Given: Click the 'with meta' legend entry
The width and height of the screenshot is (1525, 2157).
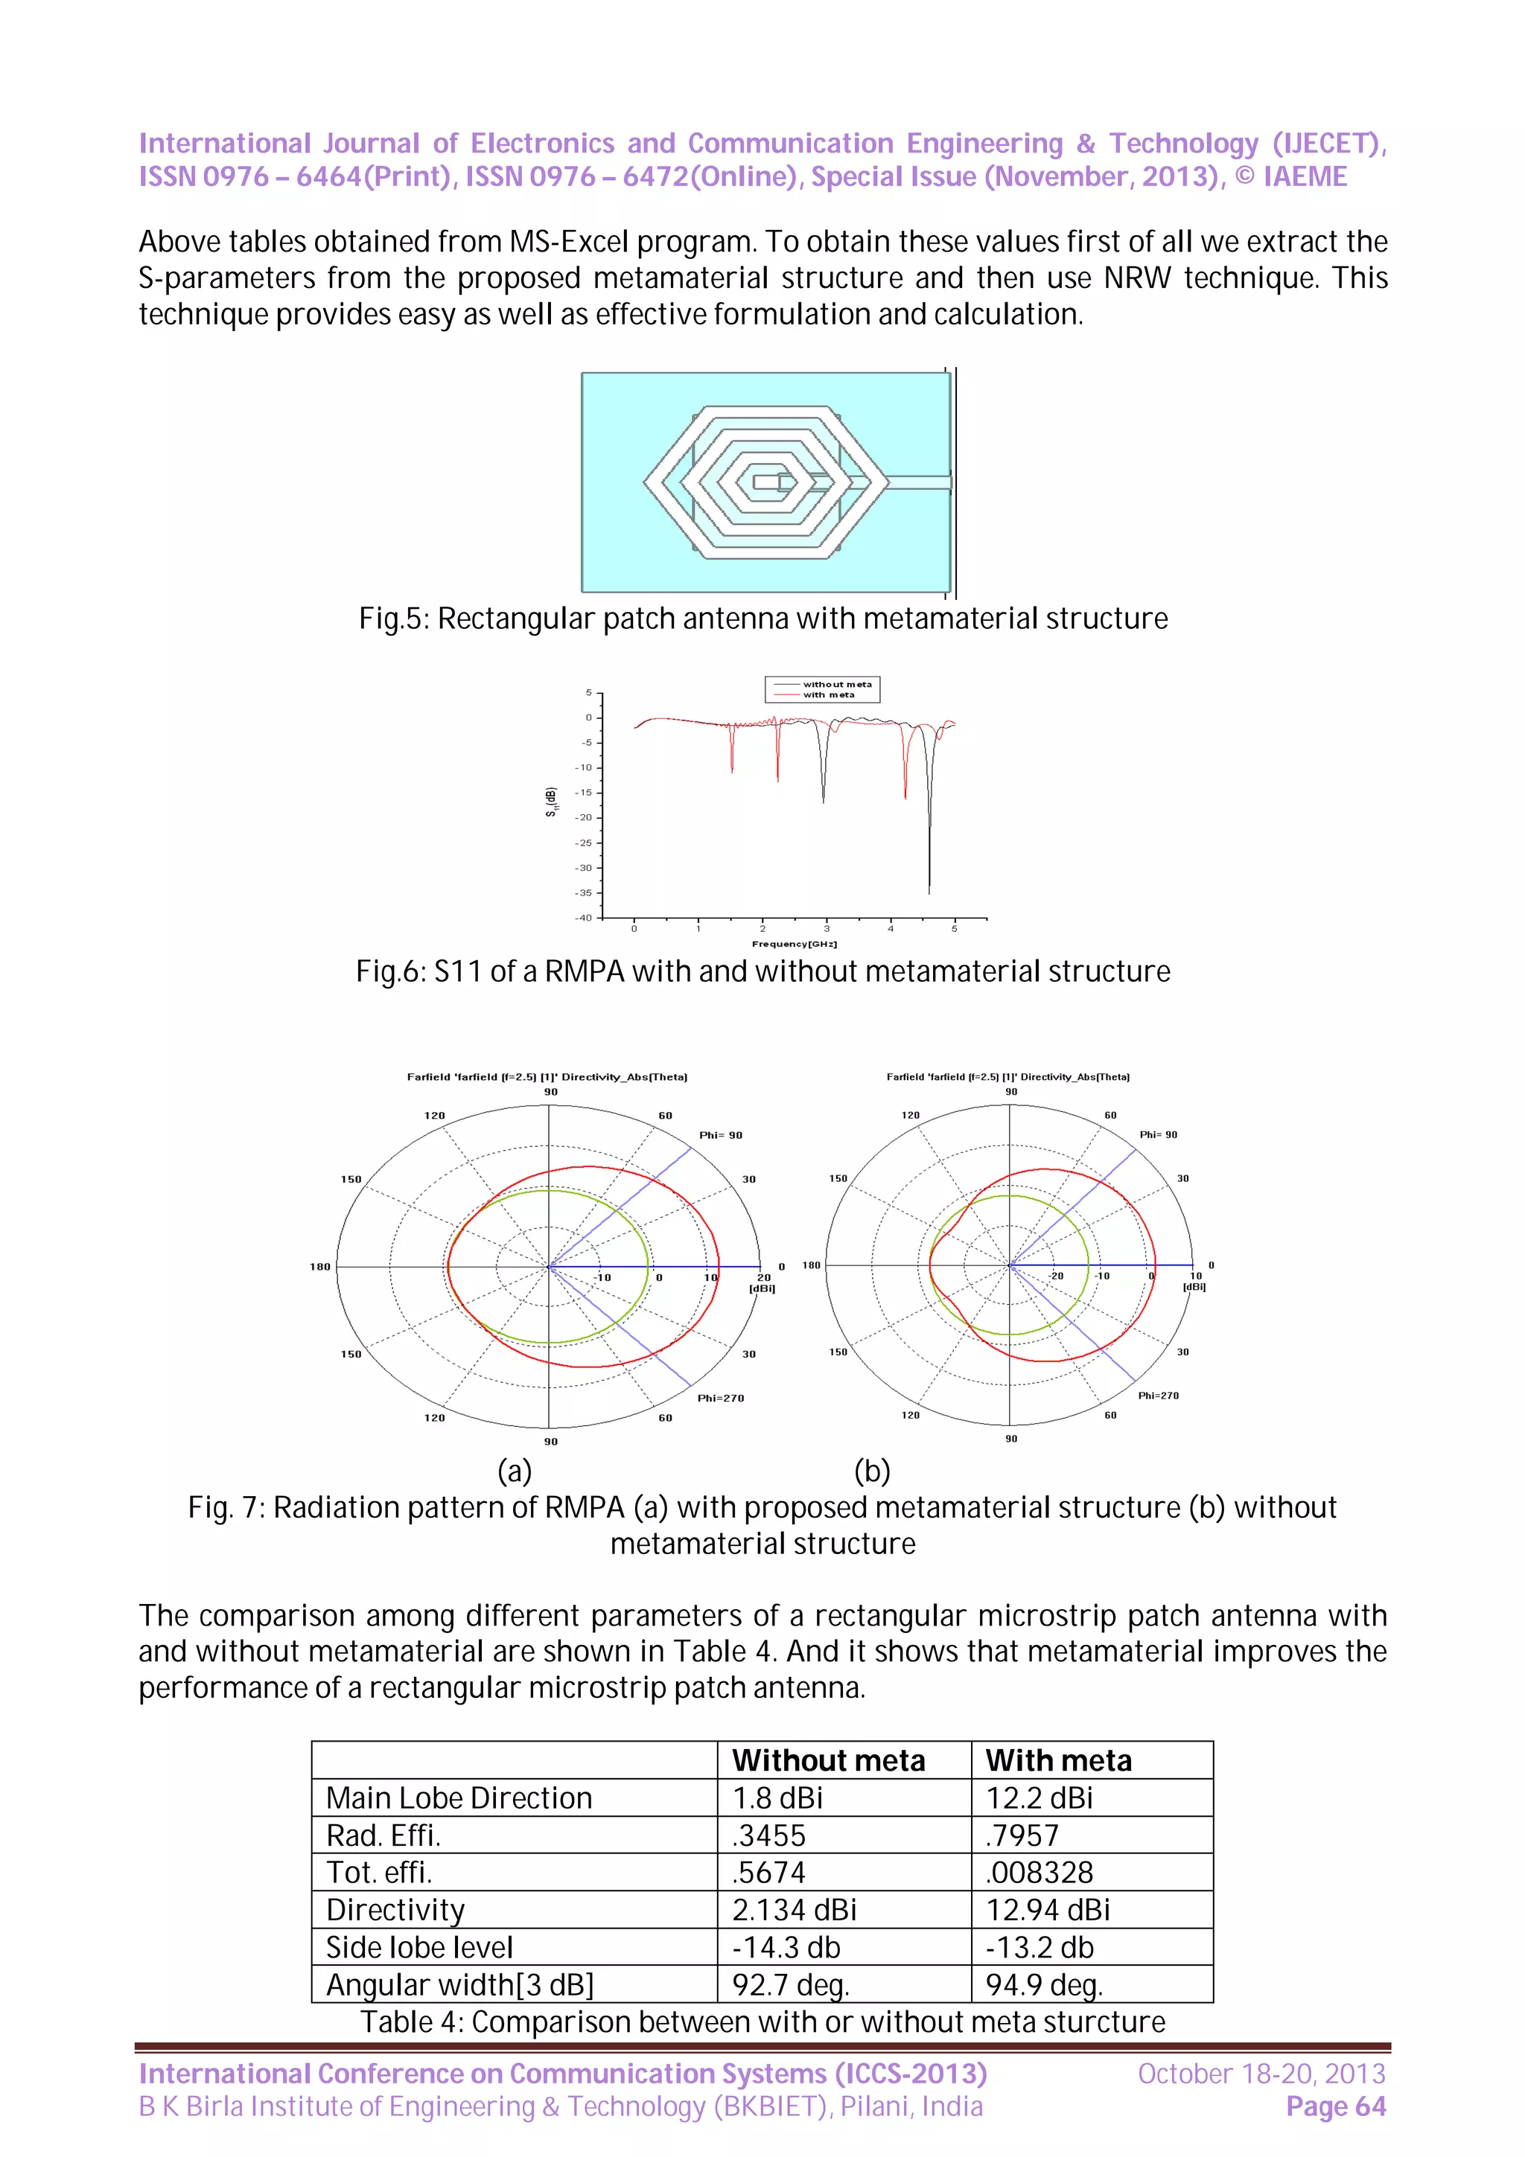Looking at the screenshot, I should click(828, 695).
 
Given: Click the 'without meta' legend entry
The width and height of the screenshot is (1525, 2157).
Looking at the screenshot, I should click(836, 684).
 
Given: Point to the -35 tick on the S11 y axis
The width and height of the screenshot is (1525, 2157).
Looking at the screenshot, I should click(585, 892).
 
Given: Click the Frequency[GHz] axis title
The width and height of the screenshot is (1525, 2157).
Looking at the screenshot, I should click(794, 943).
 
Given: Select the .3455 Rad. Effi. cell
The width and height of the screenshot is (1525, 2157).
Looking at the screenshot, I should click(768, 1835).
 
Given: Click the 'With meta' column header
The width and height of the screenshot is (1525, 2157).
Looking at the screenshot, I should click(1058, 1760).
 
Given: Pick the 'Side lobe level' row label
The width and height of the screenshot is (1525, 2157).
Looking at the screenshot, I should click(419, 1948).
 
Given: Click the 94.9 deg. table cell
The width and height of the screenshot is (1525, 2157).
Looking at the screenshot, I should click(1043, 1985).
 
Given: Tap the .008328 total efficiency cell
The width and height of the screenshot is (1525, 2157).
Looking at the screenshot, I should click(1040, 1873).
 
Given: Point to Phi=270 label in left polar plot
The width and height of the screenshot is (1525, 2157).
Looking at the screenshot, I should click(720, 1398).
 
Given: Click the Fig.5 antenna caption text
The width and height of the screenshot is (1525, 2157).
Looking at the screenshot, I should click(763, 619).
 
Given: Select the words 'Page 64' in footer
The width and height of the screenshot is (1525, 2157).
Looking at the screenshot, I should click(1335, 2106).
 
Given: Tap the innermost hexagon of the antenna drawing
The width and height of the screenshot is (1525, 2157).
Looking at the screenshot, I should click(765, 483).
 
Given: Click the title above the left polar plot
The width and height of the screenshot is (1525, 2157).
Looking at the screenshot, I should click(547, 1076).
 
